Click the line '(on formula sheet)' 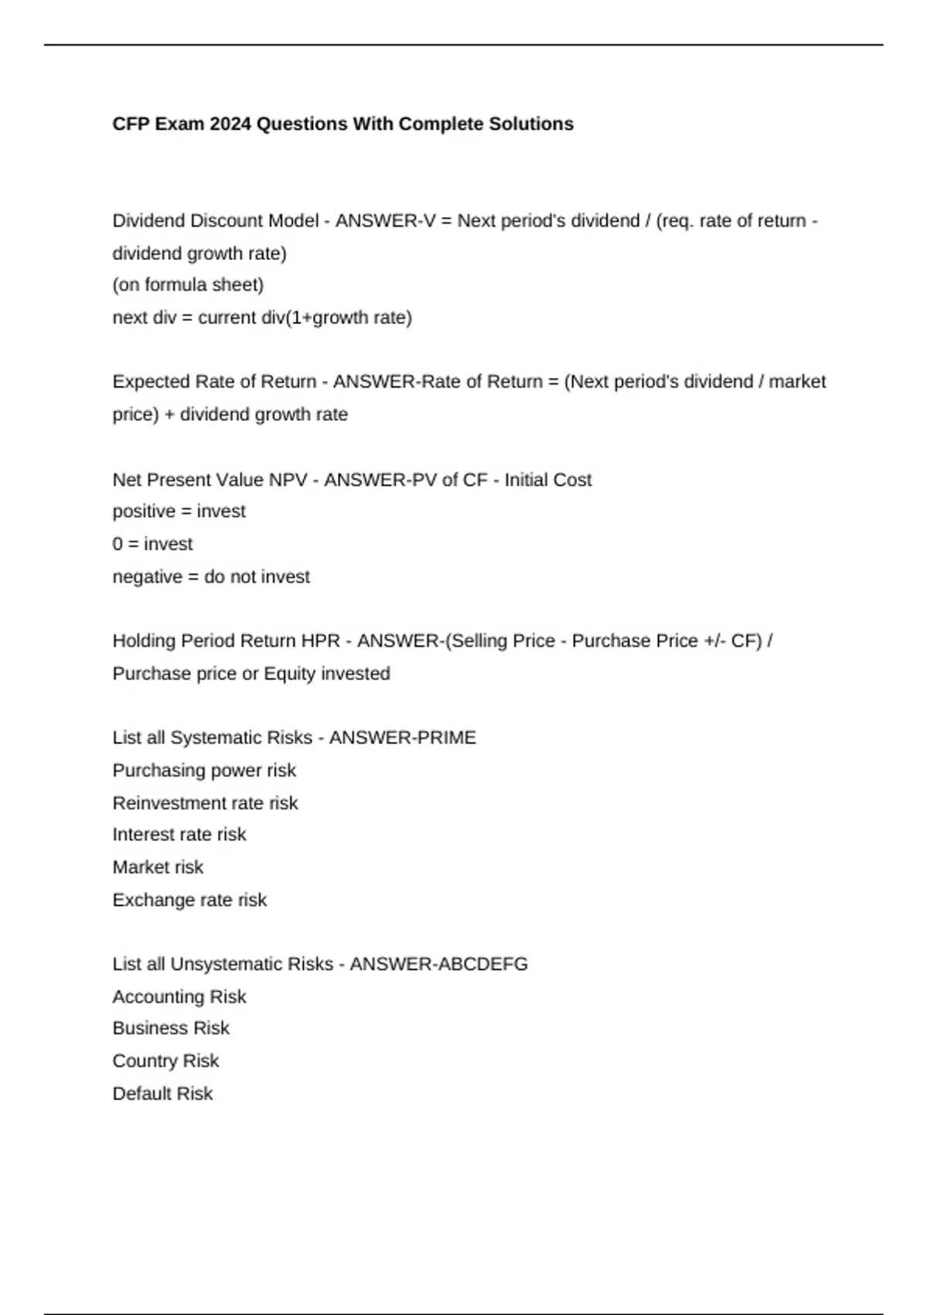188,285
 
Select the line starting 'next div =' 262,317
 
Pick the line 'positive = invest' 179,511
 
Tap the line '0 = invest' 152,544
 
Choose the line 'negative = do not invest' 211,576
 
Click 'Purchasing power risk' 204,770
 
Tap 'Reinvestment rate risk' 205,803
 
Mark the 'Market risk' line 158,867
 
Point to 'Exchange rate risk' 189,900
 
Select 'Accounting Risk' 179,996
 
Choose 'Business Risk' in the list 171,1028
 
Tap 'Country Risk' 165,1061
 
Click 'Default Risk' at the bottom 162,1093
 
